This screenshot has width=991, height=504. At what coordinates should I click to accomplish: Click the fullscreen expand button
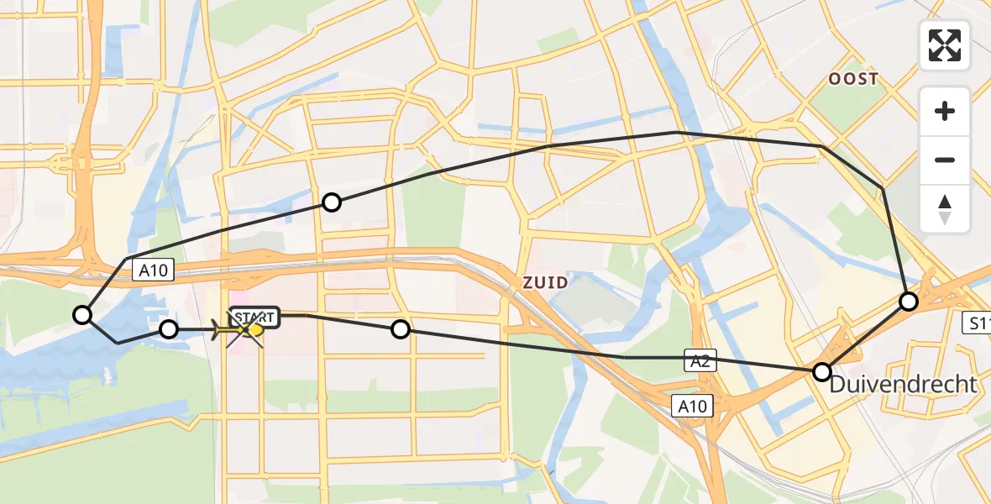click(945, 45)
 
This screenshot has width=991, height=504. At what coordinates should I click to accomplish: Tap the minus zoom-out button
click(945, 160)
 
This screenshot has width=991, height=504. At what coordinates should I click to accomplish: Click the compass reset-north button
click(945, 209)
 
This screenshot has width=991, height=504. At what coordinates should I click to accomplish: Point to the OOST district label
click(853, 79)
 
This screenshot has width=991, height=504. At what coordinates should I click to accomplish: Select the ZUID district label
click(545, 282)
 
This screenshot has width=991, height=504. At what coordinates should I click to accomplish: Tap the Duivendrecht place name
click(904, 385)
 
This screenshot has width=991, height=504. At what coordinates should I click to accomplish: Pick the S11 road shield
click(977, 322)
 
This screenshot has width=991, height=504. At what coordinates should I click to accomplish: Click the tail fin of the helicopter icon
click(220, 330)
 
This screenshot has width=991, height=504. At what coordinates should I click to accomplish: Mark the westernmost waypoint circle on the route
click(82, 315)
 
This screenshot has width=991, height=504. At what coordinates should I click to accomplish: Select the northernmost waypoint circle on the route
click(332, 202)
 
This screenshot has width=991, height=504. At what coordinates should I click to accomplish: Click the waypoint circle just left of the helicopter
click(169, 329)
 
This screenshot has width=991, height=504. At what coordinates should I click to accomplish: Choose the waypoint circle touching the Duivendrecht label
click(822, 371)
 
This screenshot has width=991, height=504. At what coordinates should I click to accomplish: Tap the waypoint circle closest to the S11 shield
click(909, 301)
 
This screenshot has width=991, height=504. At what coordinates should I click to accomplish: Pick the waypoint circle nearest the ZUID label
click(401, 329)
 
